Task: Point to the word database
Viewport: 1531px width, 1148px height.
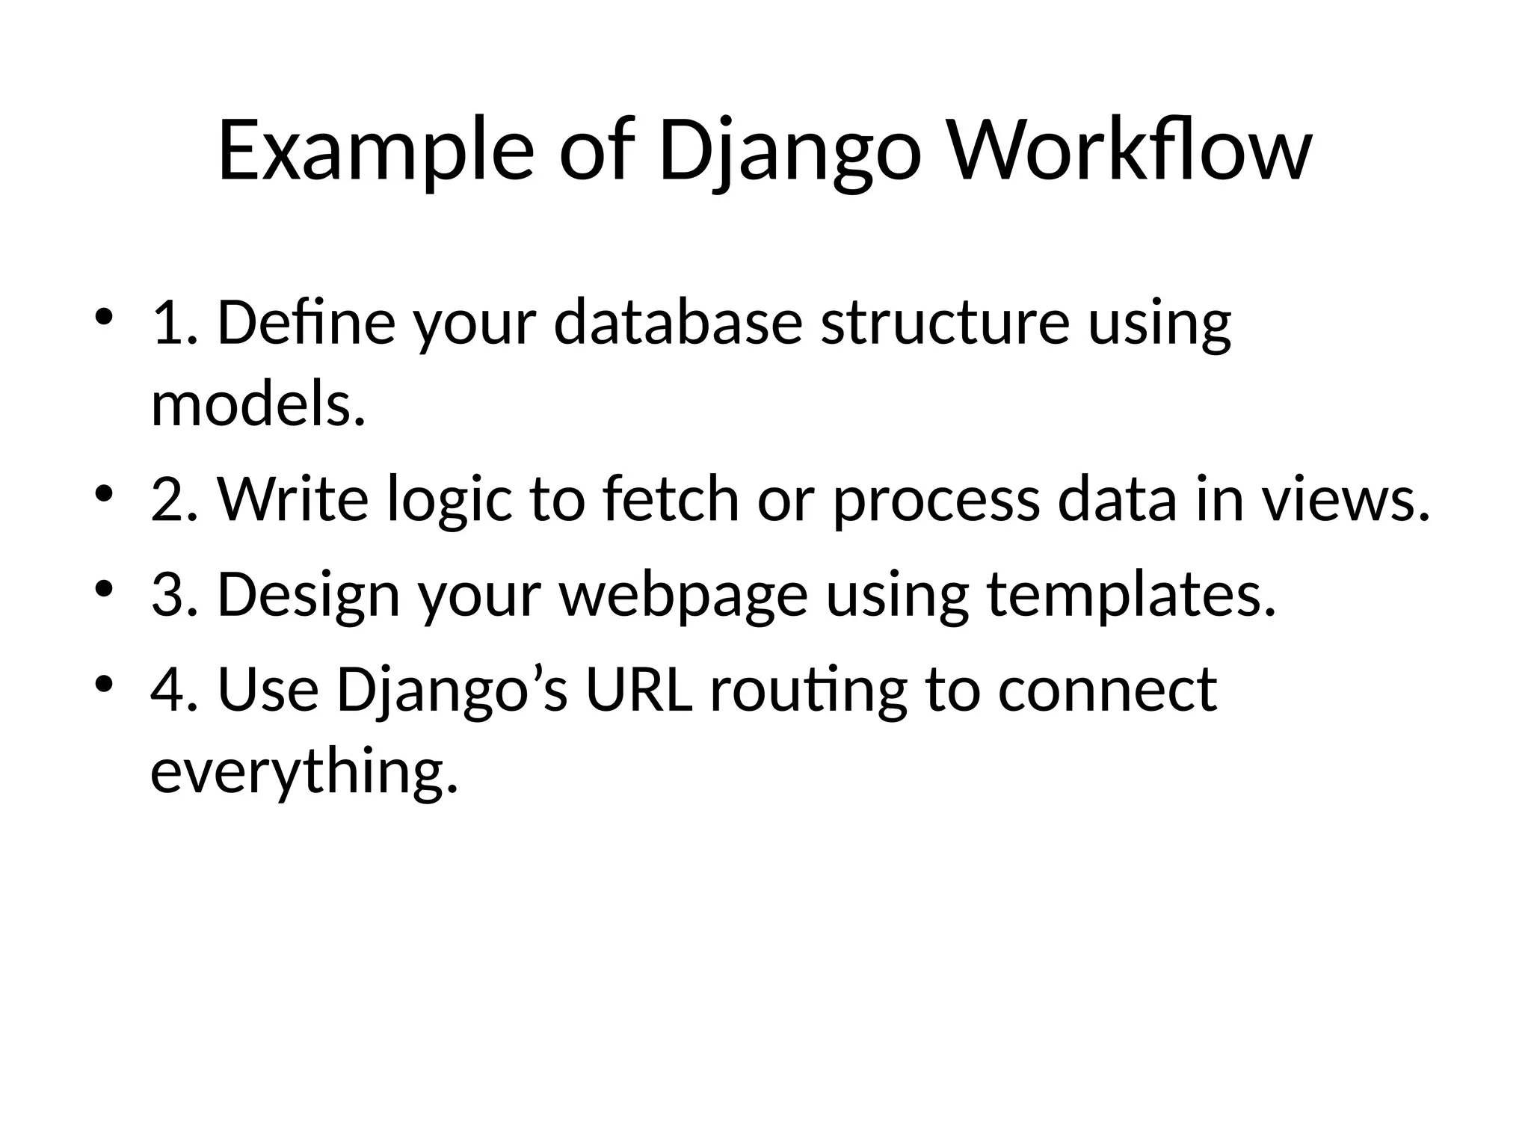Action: point(678,323)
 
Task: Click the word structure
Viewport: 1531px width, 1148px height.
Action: point(945,323)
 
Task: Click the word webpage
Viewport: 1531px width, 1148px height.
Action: point(683,595)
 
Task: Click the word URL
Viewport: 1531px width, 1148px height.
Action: point(639,689)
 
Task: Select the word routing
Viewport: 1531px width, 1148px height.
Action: point(808,689)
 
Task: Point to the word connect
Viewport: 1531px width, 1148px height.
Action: point(1107,689)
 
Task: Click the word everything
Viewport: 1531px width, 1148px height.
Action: point(304,771)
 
